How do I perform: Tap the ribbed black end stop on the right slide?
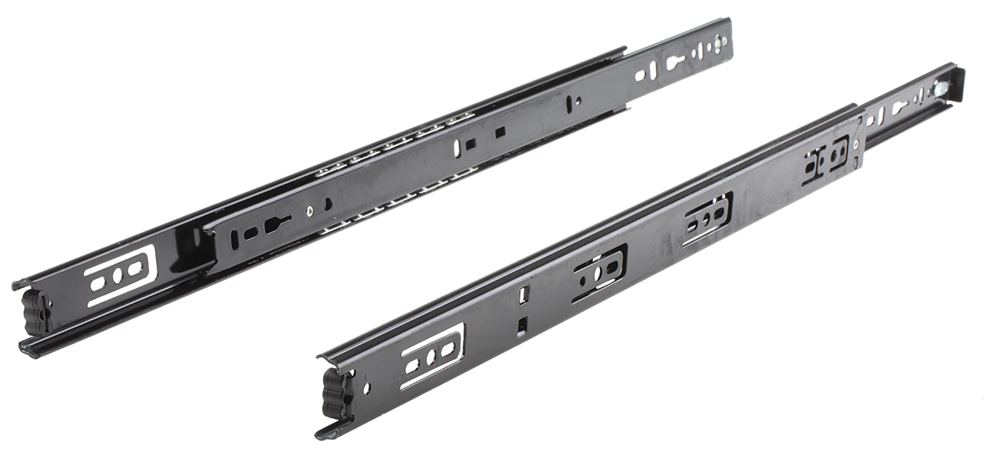pyautogui.click(x=339, y=392)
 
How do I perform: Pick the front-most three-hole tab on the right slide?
pyautogui.click(x=432, y=356)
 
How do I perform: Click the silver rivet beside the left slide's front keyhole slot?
pyautogui.click(x=309, y=211)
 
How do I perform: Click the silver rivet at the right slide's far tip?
pyautogui.click(x=945, y=86)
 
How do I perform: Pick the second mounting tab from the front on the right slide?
pyautogui.click(x=600, y=272)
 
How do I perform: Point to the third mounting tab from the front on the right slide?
pyautogui.click(x=707, y=218)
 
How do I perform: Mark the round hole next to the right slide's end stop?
pyautogui.click(x=367, y=387)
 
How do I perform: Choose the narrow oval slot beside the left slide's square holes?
pyautogui.click(x=457, y=149)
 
